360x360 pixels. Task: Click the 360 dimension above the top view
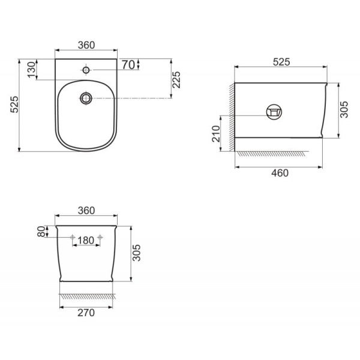coord(86,45)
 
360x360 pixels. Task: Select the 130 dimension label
coord(32,70)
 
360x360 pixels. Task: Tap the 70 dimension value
coord(128,65)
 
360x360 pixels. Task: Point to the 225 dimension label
coord(176,80)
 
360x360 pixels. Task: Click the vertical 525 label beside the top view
coord(14,104)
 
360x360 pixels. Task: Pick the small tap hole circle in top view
coord(86,70)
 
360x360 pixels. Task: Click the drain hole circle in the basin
coord(86,98)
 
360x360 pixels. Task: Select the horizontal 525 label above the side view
coord(281,62)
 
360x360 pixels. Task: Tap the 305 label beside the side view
coord(344,110)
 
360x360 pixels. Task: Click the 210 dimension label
coord(216,134)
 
